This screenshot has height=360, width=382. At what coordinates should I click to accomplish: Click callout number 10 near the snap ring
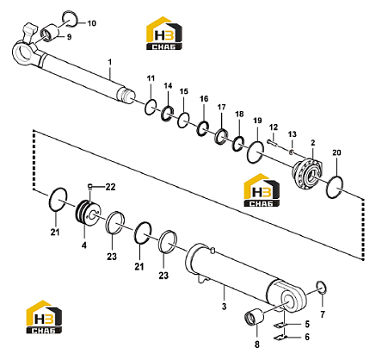(x=92, y=23)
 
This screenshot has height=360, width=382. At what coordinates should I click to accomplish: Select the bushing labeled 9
(x=51, y=33)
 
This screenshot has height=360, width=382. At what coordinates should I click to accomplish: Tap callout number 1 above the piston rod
(x=110, y=62)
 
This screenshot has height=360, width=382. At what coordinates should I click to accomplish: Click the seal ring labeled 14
(x=167, y=113)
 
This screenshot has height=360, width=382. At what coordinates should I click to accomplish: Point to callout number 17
(x=221, y=108)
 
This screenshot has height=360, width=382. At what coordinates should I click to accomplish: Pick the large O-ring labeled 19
(x=256, y=152)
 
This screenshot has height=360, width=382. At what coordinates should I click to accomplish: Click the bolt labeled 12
(x=273, y=143)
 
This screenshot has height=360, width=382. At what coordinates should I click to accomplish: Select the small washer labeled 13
(x=292, y=152)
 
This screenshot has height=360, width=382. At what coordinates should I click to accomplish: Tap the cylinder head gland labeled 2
(x=307, y=174)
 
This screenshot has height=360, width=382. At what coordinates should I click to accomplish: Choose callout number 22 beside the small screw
(x=110, y=187)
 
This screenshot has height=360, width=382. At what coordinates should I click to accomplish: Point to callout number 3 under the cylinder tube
(x=224, y=307)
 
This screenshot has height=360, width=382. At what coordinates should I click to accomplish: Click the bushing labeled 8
(x=254, y=319)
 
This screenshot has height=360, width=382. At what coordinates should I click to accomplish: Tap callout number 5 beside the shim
(x=307, y=324)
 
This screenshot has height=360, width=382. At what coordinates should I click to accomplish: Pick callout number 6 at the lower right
(x=307, y=337)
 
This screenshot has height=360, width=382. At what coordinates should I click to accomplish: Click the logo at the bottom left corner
(x=44, y=317)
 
